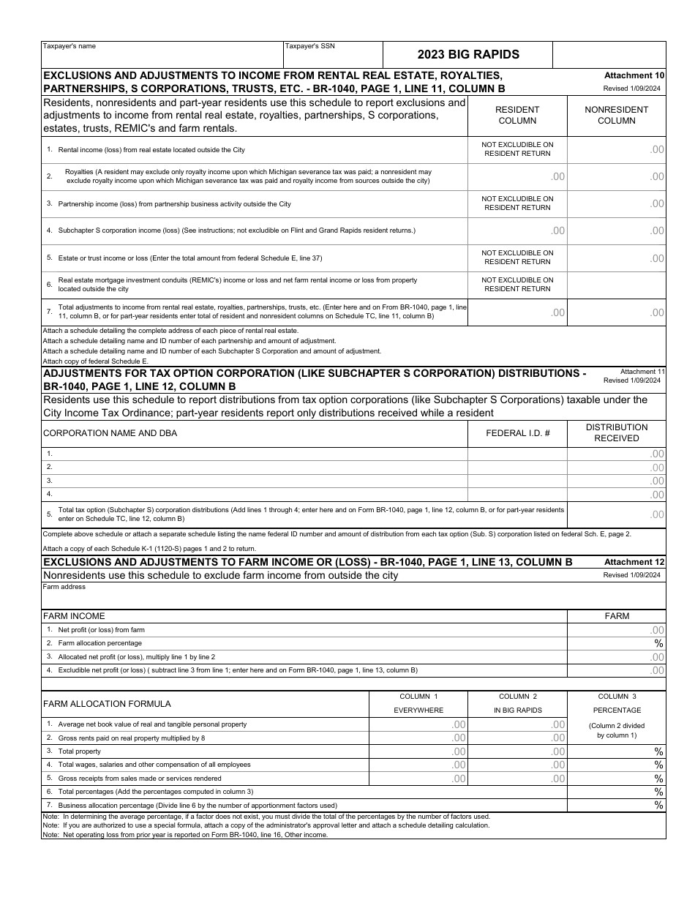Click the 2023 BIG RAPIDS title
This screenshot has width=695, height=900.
coord(468,54)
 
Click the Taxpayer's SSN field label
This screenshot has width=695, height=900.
coord(310,46)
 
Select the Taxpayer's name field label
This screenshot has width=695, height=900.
coord(69,46)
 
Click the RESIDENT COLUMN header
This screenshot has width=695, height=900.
coord(517,115)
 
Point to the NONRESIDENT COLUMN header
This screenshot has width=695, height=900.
coord(616,115)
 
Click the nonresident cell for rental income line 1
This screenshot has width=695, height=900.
coord(616,149)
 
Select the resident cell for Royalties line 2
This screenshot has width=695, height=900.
coord(517,176)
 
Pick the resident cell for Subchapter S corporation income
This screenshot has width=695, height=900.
coord(517,230)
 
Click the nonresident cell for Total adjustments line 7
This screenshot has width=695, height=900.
coord(616,312)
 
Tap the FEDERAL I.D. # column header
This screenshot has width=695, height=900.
coord(517,433)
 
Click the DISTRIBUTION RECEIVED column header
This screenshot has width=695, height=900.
coord(616,432)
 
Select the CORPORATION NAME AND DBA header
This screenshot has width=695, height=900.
coord(110,433)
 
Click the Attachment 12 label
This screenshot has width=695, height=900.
coord(634,562)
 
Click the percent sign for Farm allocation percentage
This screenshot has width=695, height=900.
coord(658,643)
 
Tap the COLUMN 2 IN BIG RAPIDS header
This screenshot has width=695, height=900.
coord(517,703)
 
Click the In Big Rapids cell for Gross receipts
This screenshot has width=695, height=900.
coord(517,779)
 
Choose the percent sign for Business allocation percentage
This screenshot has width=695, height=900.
coord(658,806)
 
